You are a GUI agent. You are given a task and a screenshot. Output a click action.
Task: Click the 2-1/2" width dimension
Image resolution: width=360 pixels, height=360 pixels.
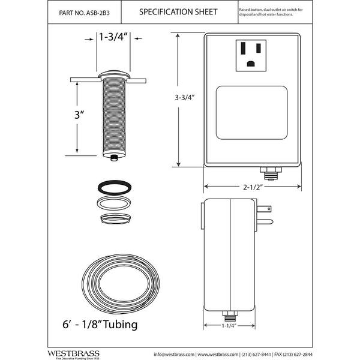(x=253, y=186)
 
